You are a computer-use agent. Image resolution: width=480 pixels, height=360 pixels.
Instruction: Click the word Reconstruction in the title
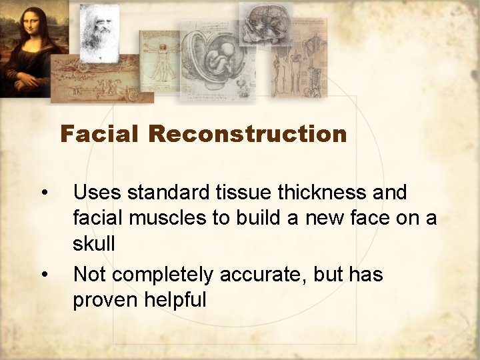point(247,135)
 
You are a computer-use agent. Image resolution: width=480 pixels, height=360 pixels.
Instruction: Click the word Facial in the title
point(101,135)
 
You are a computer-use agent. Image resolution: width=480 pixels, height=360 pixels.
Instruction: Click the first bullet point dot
point(43,193)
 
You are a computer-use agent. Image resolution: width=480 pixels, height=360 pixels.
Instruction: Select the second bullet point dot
point(43,275)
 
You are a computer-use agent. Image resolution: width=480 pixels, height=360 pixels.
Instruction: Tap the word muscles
point(163,219)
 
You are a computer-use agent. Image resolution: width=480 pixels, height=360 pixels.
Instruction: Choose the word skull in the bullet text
point(94,244)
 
